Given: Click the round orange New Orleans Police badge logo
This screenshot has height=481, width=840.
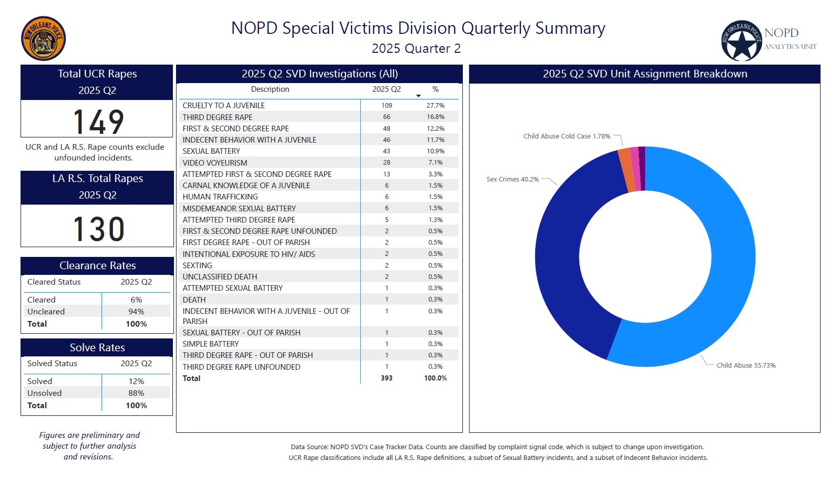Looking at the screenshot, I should point(44,38).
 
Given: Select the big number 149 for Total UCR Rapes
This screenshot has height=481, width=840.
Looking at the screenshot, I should point(98,122).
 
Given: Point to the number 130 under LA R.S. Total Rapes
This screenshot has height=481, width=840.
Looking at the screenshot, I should point(99,229).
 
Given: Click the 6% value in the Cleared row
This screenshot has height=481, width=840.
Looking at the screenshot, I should point(136,299).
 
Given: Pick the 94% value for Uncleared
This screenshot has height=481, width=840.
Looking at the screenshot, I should point(136,311).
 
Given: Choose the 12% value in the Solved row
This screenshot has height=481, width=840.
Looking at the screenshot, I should point(136,381).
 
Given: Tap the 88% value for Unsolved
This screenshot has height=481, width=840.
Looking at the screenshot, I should point(136,393).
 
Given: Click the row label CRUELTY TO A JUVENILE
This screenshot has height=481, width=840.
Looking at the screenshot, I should point(224,105).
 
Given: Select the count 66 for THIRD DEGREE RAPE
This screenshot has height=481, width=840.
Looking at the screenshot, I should point(386,117).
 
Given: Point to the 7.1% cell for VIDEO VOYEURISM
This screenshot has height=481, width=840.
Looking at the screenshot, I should point(435,163).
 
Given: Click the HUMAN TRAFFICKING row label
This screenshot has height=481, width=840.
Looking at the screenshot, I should point(220,197).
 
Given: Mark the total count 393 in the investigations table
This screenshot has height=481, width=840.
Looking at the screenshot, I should point(386,378).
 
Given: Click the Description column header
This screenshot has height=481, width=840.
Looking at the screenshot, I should point(270,89).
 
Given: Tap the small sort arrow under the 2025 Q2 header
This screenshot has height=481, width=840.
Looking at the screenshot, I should point(418,96).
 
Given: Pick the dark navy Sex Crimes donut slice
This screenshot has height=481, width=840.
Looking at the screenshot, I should point(564,246).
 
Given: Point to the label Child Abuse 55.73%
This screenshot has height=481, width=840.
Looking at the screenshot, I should point(746,365).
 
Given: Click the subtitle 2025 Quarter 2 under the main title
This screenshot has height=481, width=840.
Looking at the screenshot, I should point(416,49).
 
